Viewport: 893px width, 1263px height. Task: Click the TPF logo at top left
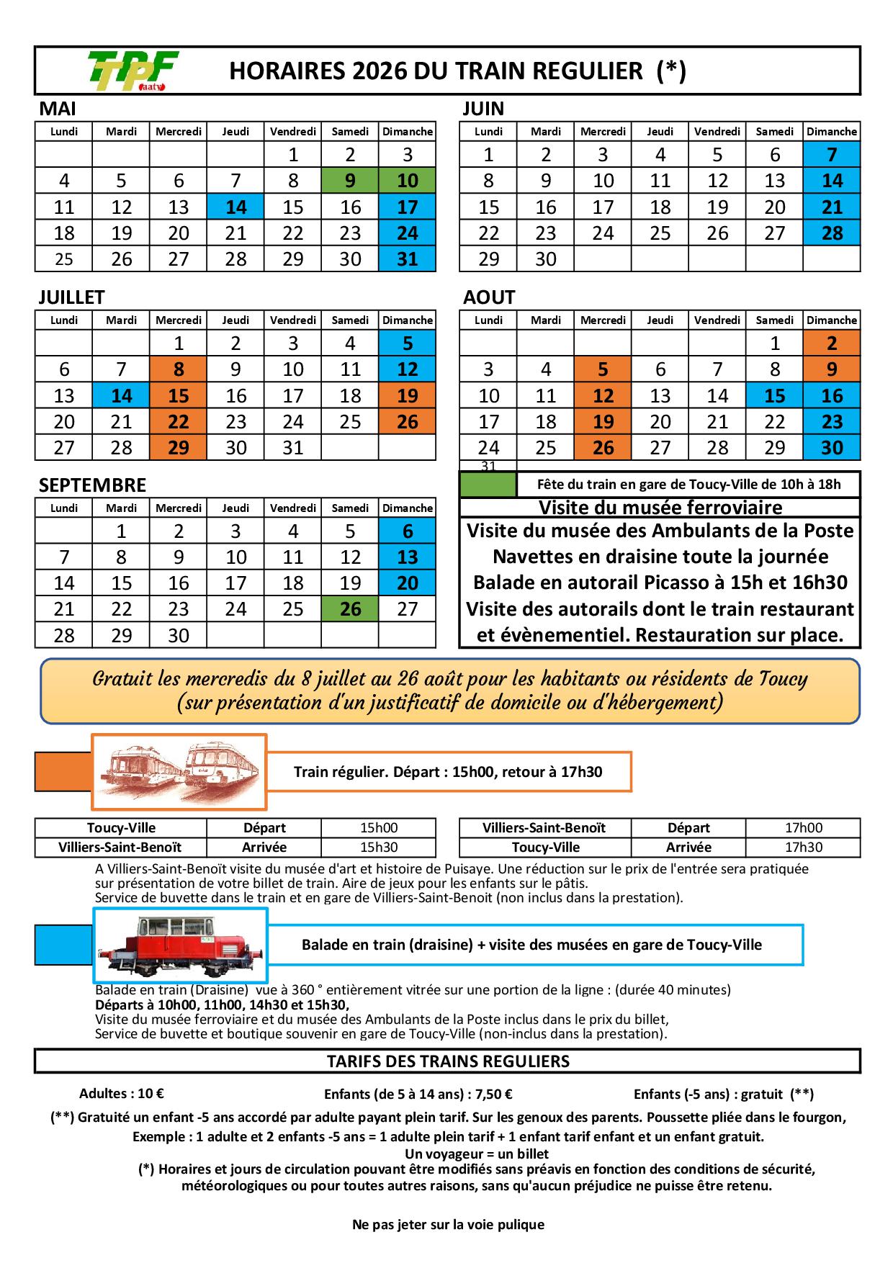click(133, 71)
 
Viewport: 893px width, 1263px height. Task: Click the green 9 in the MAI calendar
click(350, 181)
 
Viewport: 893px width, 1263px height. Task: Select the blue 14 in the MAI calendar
click(235, 207)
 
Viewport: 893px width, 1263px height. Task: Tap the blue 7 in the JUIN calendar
click(832, 155)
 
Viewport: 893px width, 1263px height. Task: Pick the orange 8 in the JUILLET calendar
click(179, 369)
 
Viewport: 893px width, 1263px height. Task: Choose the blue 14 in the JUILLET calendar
click(121, 396)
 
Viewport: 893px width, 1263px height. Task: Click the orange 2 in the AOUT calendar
click(832, 343)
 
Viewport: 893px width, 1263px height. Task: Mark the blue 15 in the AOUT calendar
click(775, 396)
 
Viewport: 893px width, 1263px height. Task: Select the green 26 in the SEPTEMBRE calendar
click(350, 609)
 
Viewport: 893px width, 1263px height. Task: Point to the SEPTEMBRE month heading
click(92, 485)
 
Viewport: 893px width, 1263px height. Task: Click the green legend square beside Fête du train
click(488, 485)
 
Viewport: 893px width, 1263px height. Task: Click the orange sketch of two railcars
click(179, 771)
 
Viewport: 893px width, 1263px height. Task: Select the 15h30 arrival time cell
click(379, 848)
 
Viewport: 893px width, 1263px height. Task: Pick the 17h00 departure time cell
click(803, 828)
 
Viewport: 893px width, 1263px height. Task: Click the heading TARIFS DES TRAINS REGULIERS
click(448, 1061)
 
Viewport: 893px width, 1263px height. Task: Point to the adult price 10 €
click(122, 1094)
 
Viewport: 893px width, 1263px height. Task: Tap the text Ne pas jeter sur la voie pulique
click(448, 1224)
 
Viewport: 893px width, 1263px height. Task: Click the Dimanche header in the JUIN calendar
click(832, 132)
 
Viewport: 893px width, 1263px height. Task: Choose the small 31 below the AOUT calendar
click(488, 466)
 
